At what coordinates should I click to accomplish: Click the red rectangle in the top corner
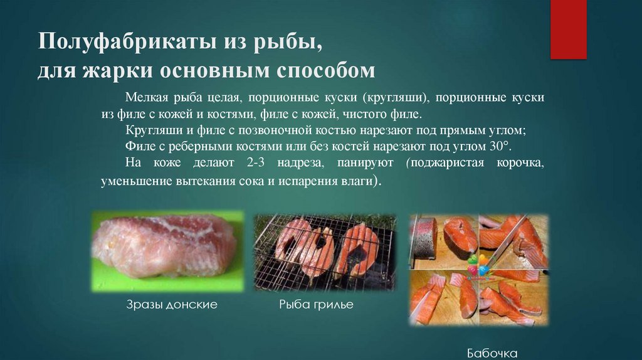click(568, 29)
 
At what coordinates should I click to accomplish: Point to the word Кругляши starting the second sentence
click(149, 131)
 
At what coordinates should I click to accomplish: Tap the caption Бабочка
click(492, 353)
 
